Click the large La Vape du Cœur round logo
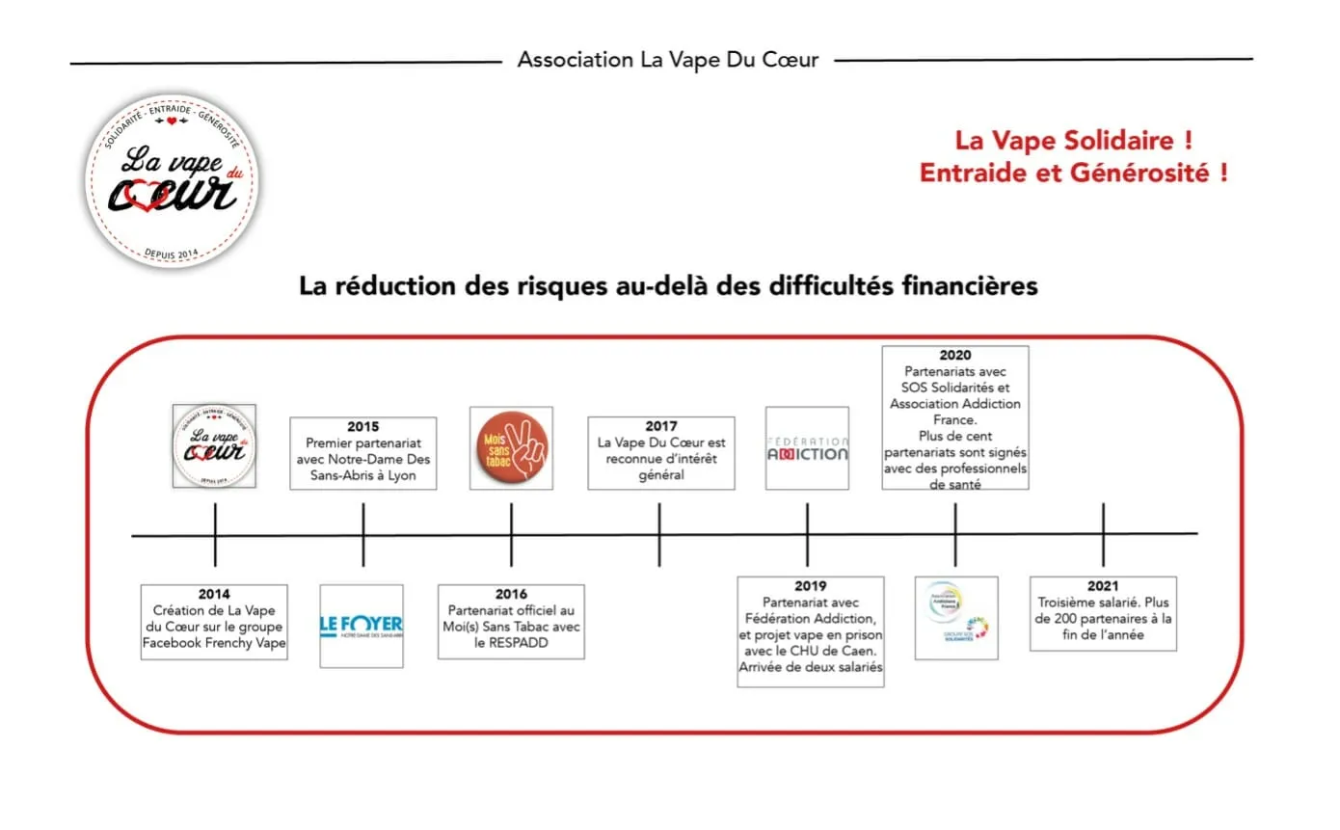click(174, 181)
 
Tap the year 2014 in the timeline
click(214, 595)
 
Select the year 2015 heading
click(363, 426)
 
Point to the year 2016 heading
click(511, 595)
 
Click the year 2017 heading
click(660, 426)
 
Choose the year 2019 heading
click(810, 586)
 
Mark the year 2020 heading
click(954, 356)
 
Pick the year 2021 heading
click(1103, 586)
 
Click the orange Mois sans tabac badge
click(511, 447)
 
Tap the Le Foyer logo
click(362, 626)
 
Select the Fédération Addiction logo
click(807, 448)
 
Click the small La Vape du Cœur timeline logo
click(214, 445)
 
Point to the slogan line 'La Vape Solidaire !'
click(1074, 141)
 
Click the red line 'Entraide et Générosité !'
click(1074, 174)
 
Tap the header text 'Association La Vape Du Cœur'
click(668, 60)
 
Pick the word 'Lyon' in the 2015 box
click(402, 475)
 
